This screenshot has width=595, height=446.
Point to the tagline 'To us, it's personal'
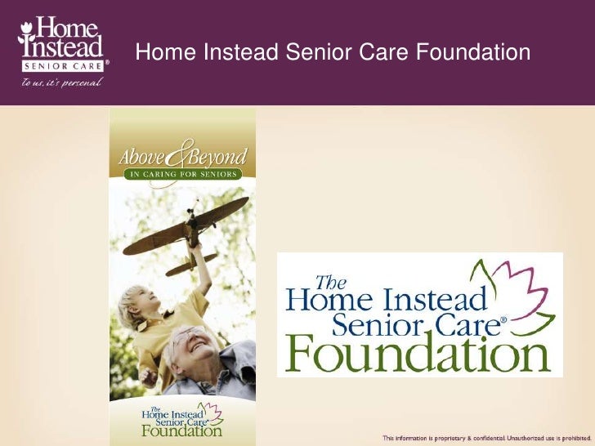[56, 83]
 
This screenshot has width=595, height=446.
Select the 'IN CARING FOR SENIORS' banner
[182, 174]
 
